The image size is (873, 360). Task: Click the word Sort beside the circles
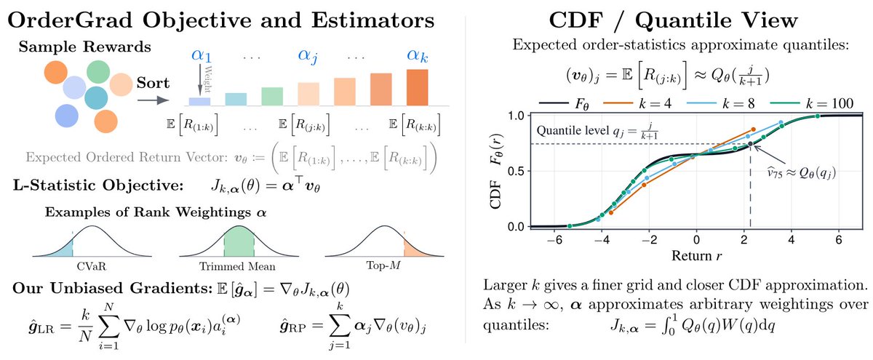tap(153, 83)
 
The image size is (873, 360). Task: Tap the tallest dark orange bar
tap(417, 87)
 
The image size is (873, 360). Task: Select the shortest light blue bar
tap(199, 102)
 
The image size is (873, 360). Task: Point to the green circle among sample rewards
tap(98, 72)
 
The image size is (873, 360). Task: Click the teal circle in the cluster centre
tap(96, 97)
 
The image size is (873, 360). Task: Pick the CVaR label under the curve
tap(92, 266)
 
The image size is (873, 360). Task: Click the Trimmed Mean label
tap(237, 266)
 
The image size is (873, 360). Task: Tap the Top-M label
tap(383, 265)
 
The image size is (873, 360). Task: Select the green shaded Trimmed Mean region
tap(239, 241)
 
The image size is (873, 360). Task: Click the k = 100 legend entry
tap(812, 103)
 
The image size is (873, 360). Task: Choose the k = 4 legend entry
tap(637, 103)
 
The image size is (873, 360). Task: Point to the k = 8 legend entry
tap(721, 103)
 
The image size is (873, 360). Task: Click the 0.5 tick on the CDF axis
tap(517, 172)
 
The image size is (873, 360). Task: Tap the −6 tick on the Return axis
tap(554, 240)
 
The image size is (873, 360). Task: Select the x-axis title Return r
tap(696, 256)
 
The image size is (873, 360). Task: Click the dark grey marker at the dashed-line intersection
tap(750, 144)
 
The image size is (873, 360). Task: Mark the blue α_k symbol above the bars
tap(418, 56)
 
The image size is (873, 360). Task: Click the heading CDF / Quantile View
tap(673, 20)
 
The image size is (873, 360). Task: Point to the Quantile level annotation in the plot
tap(597, 131)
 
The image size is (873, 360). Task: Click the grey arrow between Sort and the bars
tap(154, 100)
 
